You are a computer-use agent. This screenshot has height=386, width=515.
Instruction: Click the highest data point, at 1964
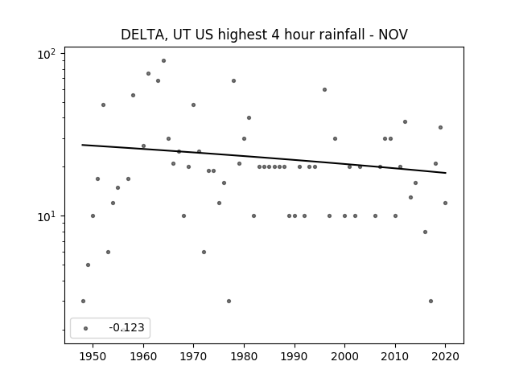point(163,61)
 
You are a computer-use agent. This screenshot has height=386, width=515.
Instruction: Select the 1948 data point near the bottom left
point(83,301)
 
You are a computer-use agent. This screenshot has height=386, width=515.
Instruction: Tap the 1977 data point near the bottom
point(229,301)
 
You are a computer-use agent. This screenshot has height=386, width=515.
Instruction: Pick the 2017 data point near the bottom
point(431,301)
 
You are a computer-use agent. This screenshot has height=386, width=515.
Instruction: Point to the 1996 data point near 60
point(324,89)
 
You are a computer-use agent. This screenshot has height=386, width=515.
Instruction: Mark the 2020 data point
point(445,203)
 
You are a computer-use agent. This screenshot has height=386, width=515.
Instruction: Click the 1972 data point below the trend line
point(204,252)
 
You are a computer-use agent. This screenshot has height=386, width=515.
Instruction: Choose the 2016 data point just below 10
point(426,232)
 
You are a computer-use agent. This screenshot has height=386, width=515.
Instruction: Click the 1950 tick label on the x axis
point(93,356)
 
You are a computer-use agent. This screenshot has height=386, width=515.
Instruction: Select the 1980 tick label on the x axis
point(244,356)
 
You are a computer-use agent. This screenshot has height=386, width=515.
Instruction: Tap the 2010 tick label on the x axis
point(395,356)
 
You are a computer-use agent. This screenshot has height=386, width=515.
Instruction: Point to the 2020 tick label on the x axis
point(445,356)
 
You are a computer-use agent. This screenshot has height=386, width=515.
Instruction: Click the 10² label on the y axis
point(47,54)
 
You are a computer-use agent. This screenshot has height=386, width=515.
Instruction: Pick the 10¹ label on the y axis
point(47,216)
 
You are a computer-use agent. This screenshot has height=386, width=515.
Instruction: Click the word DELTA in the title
point(142,35)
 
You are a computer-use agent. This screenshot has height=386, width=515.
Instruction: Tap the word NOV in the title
point(393,35)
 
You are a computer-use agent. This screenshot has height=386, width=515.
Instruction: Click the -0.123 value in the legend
point(126,327)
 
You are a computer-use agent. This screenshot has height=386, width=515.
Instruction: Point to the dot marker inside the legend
point(86,328)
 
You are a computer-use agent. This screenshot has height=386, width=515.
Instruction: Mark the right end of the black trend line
point(446,173)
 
